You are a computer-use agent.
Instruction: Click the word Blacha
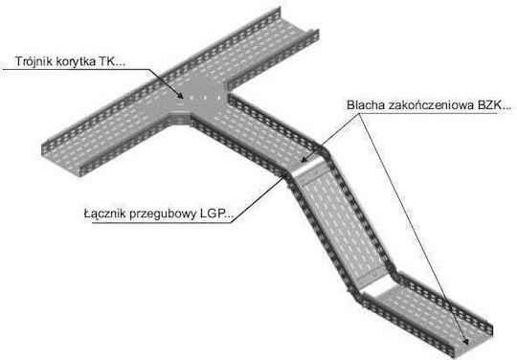(x=366, y=105)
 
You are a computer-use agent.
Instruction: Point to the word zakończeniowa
(x=431, y=105)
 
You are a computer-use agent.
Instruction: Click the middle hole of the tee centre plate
(x=205, y=98)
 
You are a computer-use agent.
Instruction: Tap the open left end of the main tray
(x=62, y=158)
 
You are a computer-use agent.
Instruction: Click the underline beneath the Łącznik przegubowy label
(x=162, y=222)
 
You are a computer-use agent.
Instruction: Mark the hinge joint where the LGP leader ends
(x=285, y=177)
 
